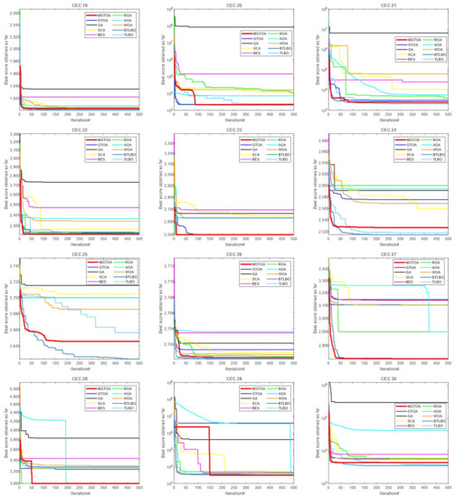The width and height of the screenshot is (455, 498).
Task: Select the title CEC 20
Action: coord(234,5)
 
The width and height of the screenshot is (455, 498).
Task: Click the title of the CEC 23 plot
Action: coord(234,130)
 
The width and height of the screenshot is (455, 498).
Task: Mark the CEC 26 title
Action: coord(234,254)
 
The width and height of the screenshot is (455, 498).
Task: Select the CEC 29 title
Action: coord(234,379)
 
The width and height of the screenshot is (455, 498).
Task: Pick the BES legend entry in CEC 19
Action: coord(93,33)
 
